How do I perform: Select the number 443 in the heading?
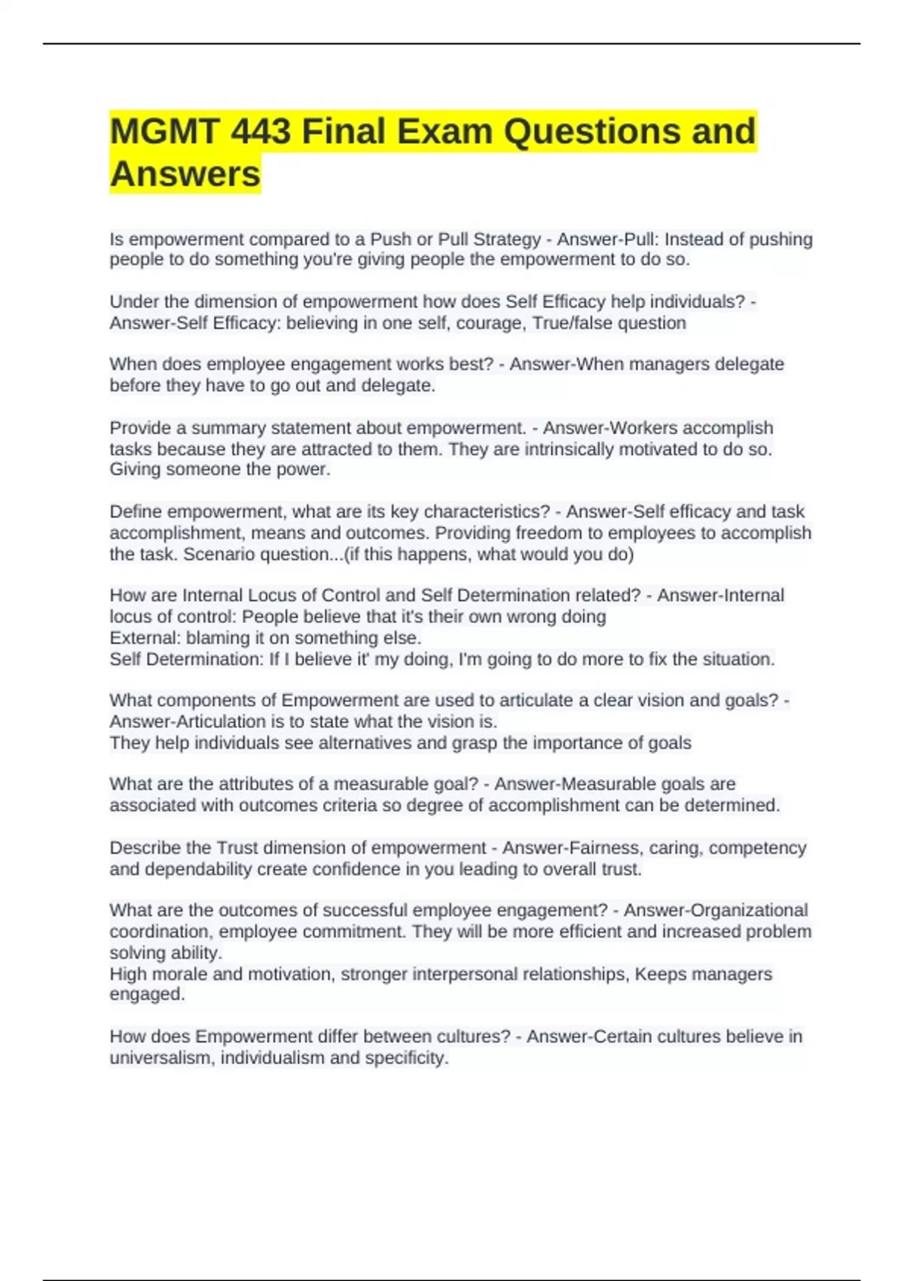pos(261,132)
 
